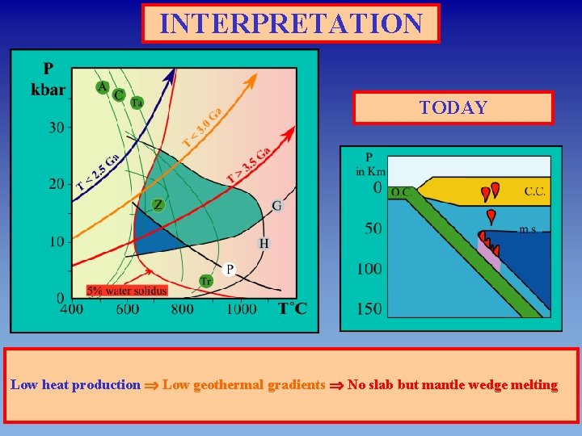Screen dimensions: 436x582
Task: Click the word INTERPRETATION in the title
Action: point(291,23)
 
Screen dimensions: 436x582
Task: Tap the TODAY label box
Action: point(453,108)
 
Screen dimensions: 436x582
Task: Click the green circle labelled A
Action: point(103,87)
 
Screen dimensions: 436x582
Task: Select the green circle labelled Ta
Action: point(137,103)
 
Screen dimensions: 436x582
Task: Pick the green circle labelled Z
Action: point(158,205)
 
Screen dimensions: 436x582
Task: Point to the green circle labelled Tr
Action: point(206,281)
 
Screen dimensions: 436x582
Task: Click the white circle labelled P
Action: point(229,269)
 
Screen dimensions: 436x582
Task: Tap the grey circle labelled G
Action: point(276,206)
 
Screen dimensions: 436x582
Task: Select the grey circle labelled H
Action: point(264,243)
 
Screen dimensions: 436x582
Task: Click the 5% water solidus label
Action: point(127,290)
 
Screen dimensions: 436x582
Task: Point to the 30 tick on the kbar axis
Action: point(56,128)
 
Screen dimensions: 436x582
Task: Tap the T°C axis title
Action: point(292,308)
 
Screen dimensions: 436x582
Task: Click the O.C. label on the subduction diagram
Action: point(399,192)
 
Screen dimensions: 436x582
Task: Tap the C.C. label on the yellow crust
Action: point(534,191)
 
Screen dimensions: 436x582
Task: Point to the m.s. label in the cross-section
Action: point(528,230)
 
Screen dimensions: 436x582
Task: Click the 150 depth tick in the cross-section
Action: point(369,308)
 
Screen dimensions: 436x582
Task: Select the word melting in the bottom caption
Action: point(533,384)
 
